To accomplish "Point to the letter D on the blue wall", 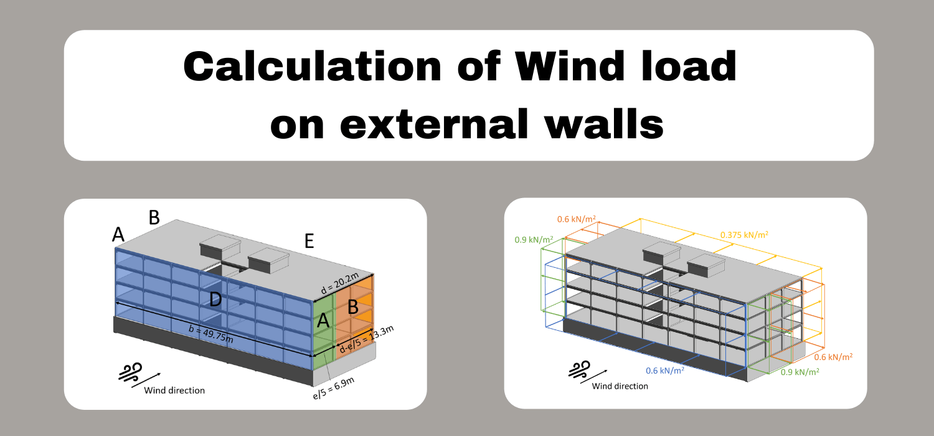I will click(215, 300).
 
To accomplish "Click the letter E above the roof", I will click(309, 242).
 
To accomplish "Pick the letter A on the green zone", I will click(323, 321).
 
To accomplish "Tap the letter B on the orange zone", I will click(352, 307).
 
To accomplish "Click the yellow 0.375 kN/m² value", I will click(743, 235).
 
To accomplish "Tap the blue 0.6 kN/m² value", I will click(665, 370).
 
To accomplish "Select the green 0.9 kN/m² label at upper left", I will click(534, 239).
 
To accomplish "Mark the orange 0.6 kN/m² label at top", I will click(576, 219).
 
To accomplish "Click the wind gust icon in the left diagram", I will click(131, 372).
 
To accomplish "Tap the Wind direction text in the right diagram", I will click(620, 386).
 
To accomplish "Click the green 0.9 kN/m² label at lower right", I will click(800, 371).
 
